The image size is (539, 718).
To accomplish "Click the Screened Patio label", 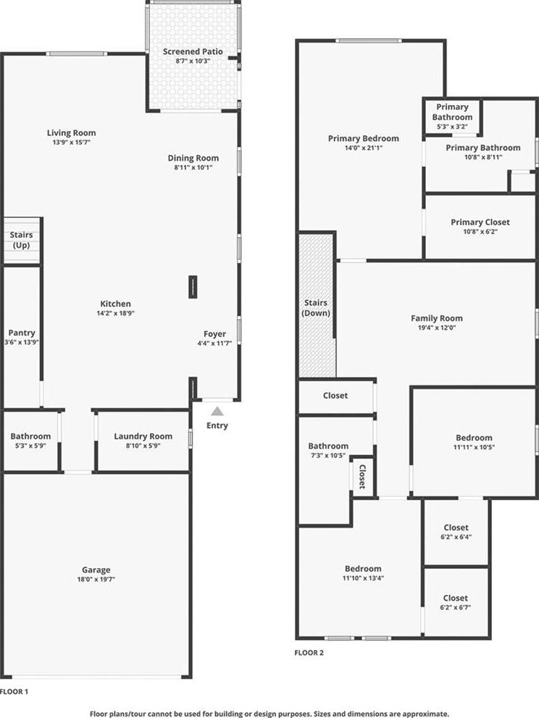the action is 193,51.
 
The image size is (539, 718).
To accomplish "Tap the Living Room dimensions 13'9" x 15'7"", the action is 71,143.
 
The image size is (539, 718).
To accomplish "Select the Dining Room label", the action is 193,158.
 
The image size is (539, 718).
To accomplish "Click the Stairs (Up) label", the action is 21,240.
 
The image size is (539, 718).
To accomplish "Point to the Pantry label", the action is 22,333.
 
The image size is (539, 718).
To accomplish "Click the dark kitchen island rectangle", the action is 193,287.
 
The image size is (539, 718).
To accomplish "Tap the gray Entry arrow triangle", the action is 217,411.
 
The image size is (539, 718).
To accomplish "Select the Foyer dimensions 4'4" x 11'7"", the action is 214,343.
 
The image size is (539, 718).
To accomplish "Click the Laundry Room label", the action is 143,436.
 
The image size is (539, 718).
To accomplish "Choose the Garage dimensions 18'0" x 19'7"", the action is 96,579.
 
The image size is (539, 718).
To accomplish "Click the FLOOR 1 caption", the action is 14,691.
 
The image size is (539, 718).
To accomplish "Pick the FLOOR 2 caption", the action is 309,653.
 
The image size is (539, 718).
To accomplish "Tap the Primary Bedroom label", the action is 364,138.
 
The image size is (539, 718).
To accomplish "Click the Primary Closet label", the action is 480,222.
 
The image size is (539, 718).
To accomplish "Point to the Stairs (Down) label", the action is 316,308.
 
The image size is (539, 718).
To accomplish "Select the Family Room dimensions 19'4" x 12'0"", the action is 436,327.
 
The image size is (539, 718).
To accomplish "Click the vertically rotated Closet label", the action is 362,477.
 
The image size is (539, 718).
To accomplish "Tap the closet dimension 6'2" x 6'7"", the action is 456,608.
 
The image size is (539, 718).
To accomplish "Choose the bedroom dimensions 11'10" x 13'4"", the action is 363,578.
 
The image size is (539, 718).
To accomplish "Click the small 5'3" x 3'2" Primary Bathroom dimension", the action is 452,127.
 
